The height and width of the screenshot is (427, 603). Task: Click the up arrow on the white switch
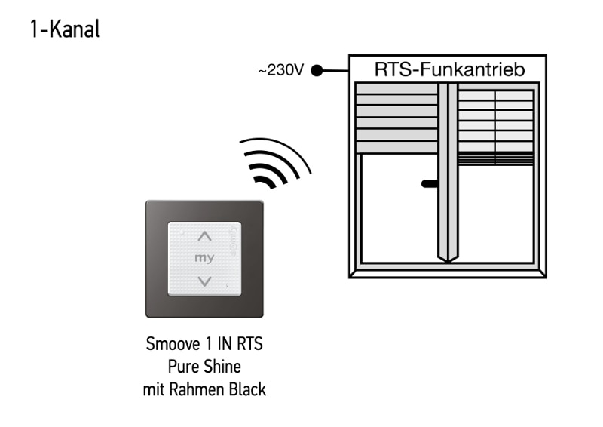pyautogui.click(x=204, y=235)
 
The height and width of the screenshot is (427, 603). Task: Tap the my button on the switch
pyautogui.click(x=204, y=258)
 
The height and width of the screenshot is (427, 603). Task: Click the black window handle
pyautogui.click(x=430, y=183)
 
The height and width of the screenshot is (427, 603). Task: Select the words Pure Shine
pyautogui.click(x=204, y=368)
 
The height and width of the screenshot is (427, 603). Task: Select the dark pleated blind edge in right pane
pyautogui.click(x=496, y=158)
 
